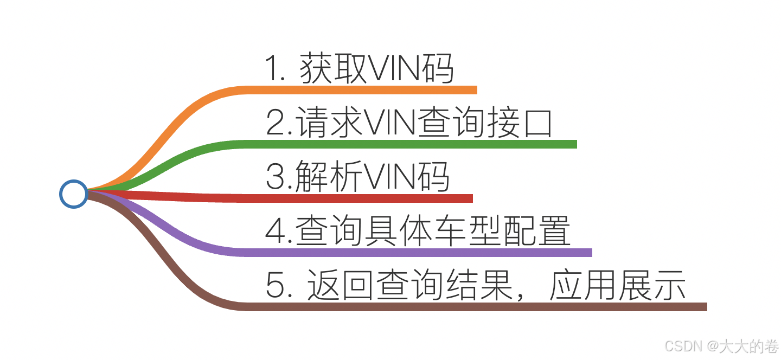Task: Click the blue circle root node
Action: pos(73,194)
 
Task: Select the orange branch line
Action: pos(358,90)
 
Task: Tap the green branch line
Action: pos(407,144)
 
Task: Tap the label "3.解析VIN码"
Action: pos(357,177)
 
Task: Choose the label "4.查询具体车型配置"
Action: pos(418,230)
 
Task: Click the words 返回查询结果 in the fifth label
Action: pos(408,285)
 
